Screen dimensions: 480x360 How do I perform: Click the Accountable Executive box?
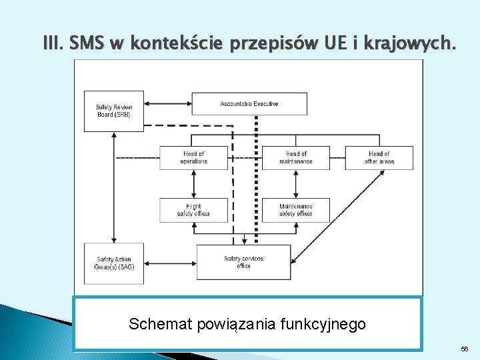(249, 104)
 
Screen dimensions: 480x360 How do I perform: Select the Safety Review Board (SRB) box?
(113, 111)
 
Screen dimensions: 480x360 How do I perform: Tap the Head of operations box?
(193, 158)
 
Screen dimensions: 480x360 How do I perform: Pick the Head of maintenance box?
(296, 158)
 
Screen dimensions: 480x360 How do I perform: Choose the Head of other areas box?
(379, 158)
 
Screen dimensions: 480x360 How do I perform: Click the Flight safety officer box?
(193, 210)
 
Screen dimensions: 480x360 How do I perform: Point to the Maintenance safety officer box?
(296, 210)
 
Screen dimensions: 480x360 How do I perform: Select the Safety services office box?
(243, 262)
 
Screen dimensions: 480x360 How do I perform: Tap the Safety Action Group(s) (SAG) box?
(114, 263)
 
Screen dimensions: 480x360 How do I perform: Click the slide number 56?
(464, 349)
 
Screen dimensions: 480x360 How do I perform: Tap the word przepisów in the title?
(267, 45)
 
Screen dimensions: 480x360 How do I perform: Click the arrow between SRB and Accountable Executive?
(168, 104)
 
